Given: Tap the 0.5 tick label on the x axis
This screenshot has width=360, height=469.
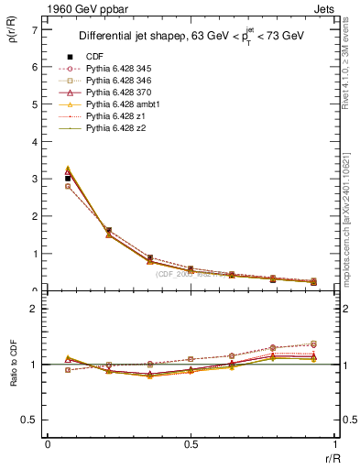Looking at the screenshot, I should (190, 444).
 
